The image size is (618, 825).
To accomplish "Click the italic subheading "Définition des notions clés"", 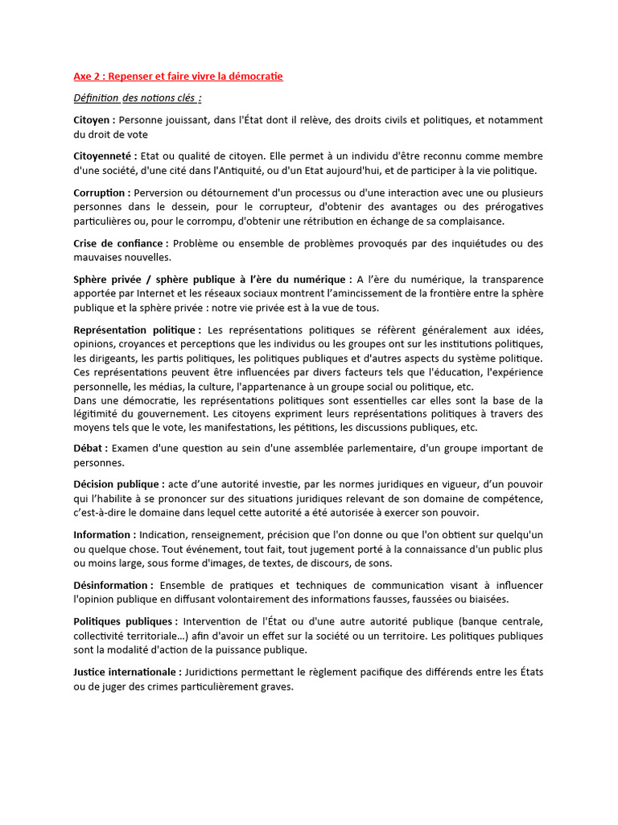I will tap(137, 98).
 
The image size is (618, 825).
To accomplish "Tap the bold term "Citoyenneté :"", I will tap(105, 156).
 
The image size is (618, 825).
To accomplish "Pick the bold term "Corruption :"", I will tap(102, 193).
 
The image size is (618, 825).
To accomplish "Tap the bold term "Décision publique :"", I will tap(119, 484).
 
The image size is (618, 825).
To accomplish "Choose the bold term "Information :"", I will tap(105, 535).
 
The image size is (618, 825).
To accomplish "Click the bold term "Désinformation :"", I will tap(113, 585).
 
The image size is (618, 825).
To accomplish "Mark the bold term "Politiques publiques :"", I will tap(126, 621).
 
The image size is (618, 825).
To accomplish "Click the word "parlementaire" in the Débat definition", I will tap(426, 448).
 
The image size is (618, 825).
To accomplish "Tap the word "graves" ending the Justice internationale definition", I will tap(276, 686).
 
